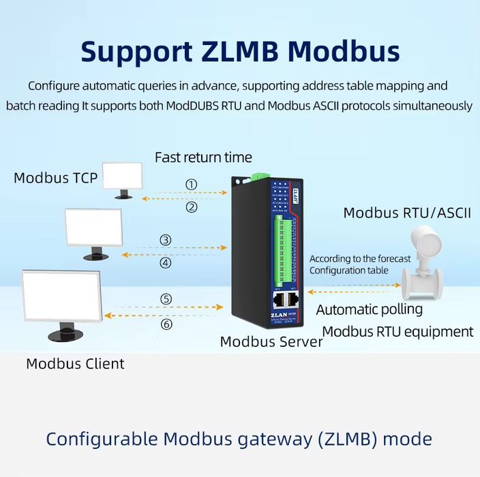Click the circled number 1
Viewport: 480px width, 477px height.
coord(192,184)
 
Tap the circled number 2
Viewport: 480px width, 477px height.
coord(192,207)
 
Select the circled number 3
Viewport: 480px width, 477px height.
coord(166,240)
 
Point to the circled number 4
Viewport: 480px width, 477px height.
coord(166,262)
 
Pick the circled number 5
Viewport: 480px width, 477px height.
coord(166,298)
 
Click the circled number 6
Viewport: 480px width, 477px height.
coord(166,324)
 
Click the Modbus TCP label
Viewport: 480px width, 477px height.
coord(56,179)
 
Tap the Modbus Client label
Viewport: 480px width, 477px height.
coord(75,363)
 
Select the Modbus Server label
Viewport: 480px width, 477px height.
coord(271,342)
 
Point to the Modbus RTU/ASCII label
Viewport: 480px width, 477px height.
coord(407,213)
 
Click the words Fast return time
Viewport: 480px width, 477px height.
coord(203,157)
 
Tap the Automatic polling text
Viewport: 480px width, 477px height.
coord(370,309)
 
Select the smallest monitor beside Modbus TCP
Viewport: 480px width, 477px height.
coord(122,179)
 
